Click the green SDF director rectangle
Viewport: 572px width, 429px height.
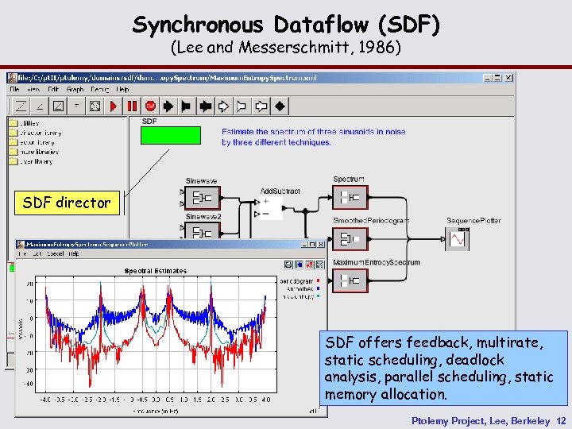pyautogui.click(x=170, y=135)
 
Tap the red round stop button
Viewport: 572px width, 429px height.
pyautogui.click(x=149, y=106)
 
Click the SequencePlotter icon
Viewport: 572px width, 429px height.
pyautogui.click(x=459, y=238)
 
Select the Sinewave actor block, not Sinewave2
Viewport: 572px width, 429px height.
pyautogui.click(x=203, y=197)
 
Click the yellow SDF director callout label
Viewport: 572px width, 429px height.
pyautogui.click(x=67, y=203)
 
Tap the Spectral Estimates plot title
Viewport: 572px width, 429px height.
pyautogui.click(x=156, y=271)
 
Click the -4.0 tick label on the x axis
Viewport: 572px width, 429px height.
pyautogui.click(x=46, y=399)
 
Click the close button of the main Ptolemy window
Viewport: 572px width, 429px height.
pyautogui.click(x=508, y=77)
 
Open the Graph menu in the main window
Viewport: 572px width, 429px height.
pyautogui.click(x=75, y=89)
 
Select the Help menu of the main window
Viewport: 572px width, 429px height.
pyautogui.click(x=122, y=89)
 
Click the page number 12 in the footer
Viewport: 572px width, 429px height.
pyautogui.click(x=562, y=420)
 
